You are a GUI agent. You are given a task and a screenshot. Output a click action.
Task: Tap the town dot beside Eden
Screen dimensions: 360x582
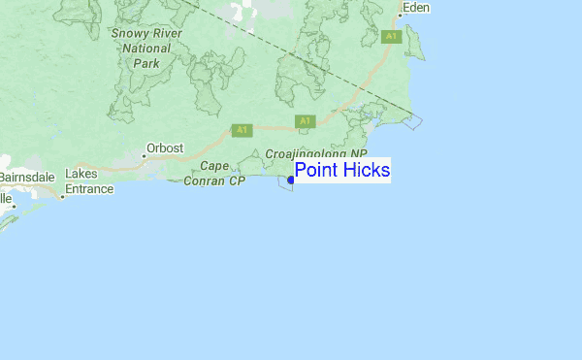[x=400, y=16]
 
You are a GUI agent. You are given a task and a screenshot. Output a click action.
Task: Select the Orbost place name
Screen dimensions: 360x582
[x=163, y=148]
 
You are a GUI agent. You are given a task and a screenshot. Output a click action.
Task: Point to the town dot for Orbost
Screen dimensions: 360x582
[x=144, y=155]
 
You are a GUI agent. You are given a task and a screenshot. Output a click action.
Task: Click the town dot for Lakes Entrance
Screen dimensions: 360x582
[x=62, y=197]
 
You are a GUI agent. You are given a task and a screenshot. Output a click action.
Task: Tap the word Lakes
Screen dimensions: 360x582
[x=81, y=175]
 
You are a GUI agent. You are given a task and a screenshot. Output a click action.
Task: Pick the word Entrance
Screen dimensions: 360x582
[x=89, y=188]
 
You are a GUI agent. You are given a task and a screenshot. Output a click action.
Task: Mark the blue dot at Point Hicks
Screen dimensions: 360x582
[x=291, y=180]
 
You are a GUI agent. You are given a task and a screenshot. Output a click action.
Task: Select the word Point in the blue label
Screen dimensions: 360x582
[x=316, y=171]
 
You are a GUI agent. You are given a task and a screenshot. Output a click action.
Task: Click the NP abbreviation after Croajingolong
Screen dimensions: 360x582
[x=358, y=153]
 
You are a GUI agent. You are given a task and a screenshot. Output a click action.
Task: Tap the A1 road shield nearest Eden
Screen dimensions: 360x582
[x=391, y=36]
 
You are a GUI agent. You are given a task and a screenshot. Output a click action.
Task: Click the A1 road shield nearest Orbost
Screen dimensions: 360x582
[x=242, y=128]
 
